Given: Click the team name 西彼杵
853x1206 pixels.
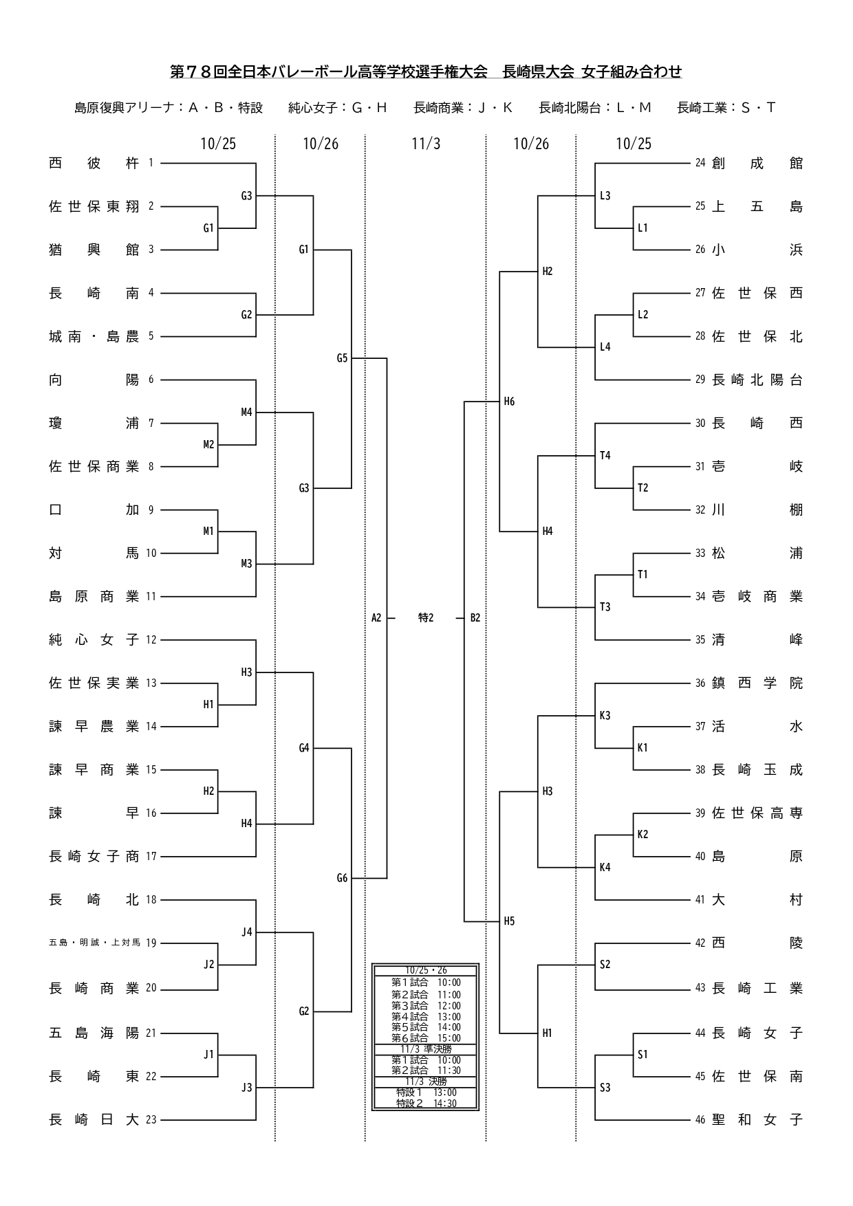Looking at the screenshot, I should [94, 163].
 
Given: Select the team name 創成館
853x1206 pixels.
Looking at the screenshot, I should [757, 163].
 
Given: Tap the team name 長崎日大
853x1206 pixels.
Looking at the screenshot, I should [94, 1119].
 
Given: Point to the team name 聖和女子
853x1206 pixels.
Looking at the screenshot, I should [757, 1119].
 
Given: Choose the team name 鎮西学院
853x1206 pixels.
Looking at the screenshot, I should [757, 683].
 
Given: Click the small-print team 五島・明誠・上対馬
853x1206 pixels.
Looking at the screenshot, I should [94, 943].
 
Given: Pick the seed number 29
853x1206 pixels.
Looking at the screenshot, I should [700, 380].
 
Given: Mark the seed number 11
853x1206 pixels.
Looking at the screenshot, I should [151, 596].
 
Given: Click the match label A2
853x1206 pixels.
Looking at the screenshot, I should [376, 618].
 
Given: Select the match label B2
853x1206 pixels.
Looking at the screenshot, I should [475, 618].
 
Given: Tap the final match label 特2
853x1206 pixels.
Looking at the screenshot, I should [426, 618].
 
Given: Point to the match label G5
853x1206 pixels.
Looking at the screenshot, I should [342, 358].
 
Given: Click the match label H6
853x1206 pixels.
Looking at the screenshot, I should [509, 402].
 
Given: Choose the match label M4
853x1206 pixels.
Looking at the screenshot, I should [246, 412].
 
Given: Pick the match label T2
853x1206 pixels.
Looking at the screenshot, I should [643, 487].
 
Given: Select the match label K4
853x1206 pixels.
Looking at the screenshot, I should [605, 867].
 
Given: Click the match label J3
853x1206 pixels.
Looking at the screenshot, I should [246, 1087].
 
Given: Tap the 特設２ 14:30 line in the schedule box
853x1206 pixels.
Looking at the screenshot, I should [426, 1104].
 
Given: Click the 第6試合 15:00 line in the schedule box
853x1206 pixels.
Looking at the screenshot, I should [426, 1038].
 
